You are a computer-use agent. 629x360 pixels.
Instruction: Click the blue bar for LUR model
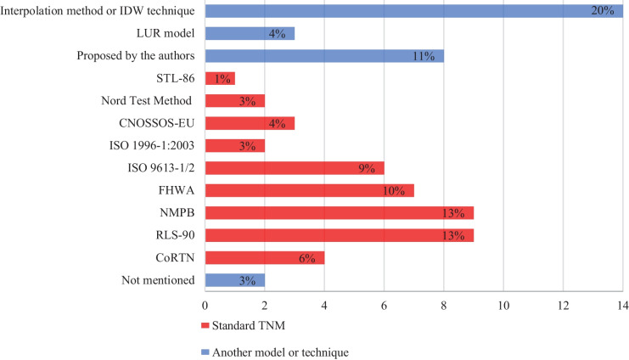(250, 34)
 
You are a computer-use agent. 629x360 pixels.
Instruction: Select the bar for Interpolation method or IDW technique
(413, 11)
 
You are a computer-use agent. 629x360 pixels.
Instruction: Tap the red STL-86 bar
(220, 78)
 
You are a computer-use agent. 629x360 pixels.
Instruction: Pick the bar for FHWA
(309, 190)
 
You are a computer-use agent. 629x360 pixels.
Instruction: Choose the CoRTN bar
(265, 257)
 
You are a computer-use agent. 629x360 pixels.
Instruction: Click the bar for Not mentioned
(235, 279)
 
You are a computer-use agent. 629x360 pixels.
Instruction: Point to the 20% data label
(603, 11)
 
